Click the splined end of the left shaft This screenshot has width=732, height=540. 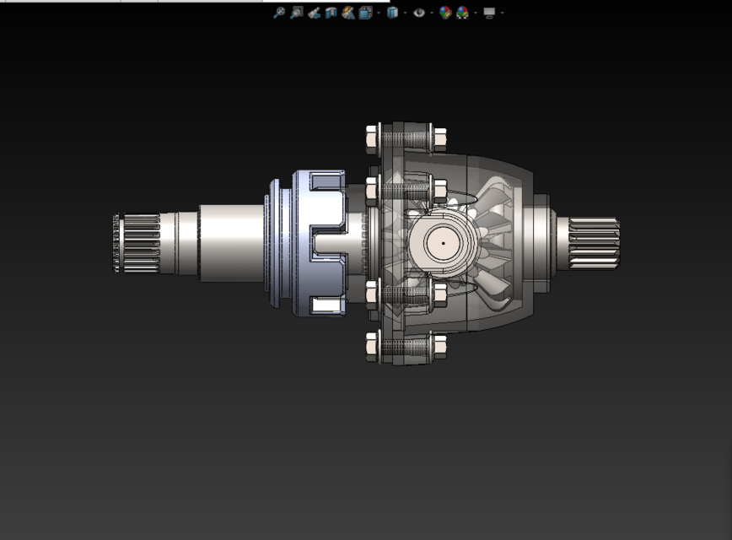pyautogui.click(x=137, y=243)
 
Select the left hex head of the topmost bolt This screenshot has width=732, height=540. pyautogui.click(x=372, y=136)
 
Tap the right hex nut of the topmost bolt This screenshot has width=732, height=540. pyautogui.click(x=439, y=137)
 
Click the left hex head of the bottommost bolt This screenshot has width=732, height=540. pyautogui.click(x=372, y=347)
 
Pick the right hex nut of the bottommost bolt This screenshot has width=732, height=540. pyautogui.click(x=439, y=346)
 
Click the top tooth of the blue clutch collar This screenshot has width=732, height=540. pyautogui.click(x=326, y=181)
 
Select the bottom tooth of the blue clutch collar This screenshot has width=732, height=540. pyautogui.click(x=326, y=305)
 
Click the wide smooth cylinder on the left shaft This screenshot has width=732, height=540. pyautogui.click(x=231, y=243)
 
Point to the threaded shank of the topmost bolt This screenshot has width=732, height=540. pyautogui.click(x=406, y=137)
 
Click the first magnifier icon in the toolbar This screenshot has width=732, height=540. pyautogui.click(x=279, y=13)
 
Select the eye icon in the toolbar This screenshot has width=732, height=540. pyautogui.click(x=419, y=13)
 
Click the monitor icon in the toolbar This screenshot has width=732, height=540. pyautogui.click(x=489, y=13)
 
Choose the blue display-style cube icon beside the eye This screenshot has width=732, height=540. pyautogui.click(x=392, y=13)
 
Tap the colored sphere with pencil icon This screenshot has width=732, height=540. pyautogui.click(x=445, y=13)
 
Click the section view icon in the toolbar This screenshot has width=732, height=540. pyautogui.click(x=331, y=13)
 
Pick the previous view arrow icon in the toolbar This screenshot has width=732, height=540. pyautogui.click(x=314, y=13)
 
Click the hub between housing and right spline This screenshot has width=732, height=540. pyautogui.click(x=540, y=243)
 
